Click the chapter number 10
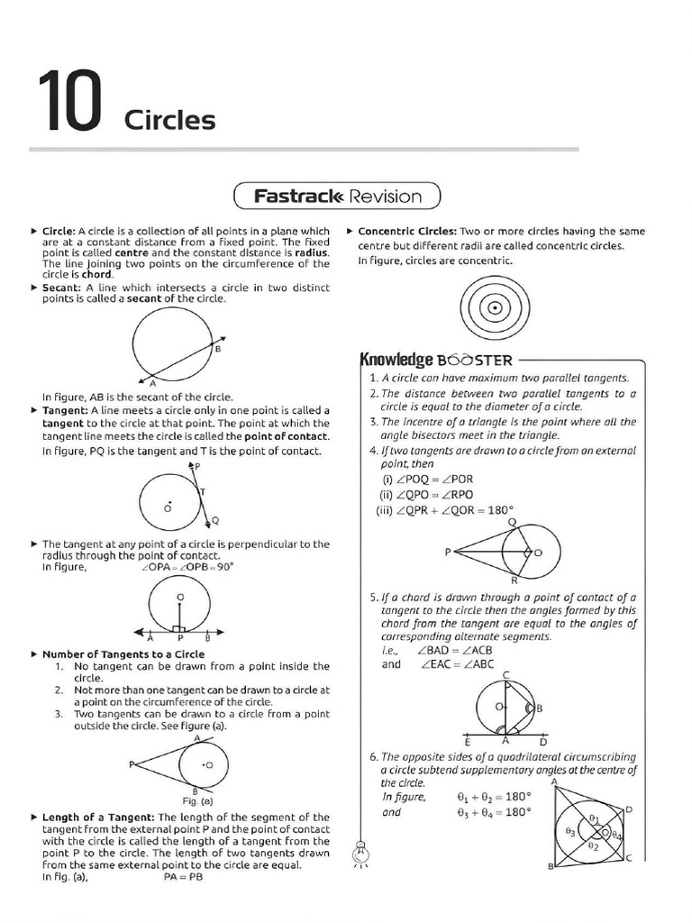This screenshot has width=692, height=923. click(68, 106)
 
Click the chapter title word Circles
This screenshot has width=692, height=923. click(169, 120)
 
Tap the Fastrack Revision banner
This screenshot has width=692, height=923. click(337, 196)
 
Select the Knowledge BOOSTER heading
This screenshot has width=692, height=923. click(435, 360)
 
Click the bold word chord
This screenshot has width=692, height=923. click(96, 274)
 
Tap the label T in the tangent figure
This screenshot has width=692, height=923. click(203, 491)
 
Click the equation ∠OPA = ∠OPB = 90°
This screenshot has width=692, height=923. click(187, 567)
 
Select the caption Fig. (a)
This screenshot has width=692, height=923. click(197, 800)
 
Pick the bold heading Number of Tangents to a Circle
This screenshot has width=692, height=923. click(123, 654)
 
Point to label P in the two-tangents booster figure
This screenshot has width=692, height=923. click(446, 551)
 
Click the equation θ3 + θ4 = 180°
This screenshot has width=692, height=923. click(495, 811)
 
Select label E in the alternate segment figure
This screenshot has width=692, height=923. click(468, 741)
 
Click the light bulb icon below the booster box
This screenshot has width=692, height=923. click(360, 849)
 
